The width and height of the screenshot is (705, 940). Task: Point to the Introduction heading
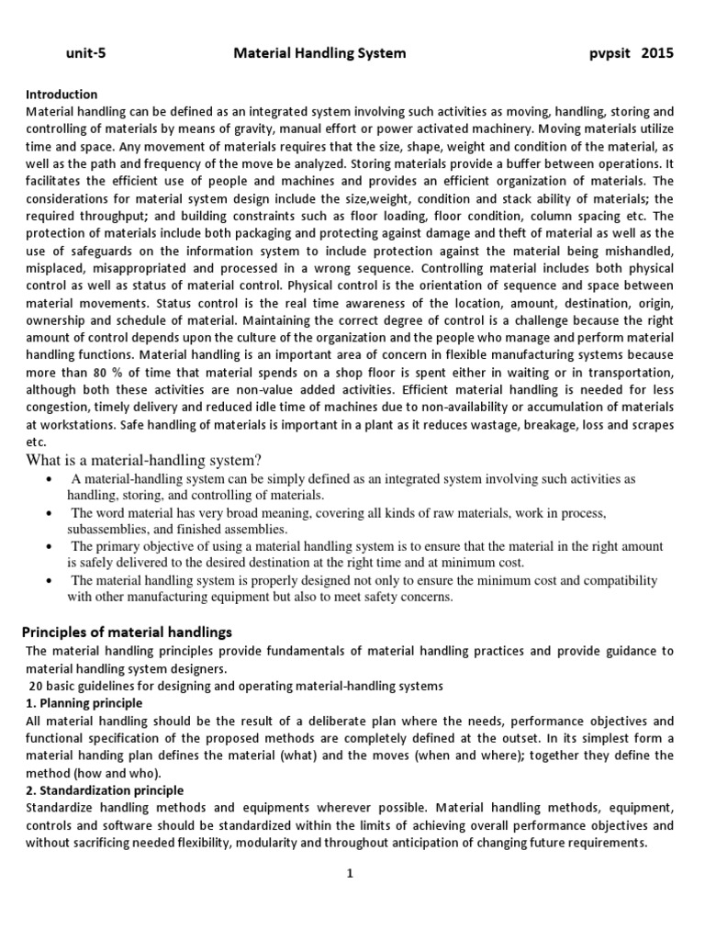coord(62,94)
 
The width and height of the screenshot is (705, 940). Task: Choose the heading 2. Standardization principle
coord(105,789)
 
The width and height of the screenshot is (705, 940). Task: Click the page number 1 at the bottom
coord(351,874)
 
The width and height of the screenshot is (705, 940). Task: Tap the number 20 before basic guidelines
coord(37,685)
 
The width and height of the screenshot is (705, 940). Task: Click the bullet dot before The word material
coord(47,514)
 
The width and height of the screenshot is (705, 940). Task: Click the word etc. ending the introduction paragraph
coord(35,442)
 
